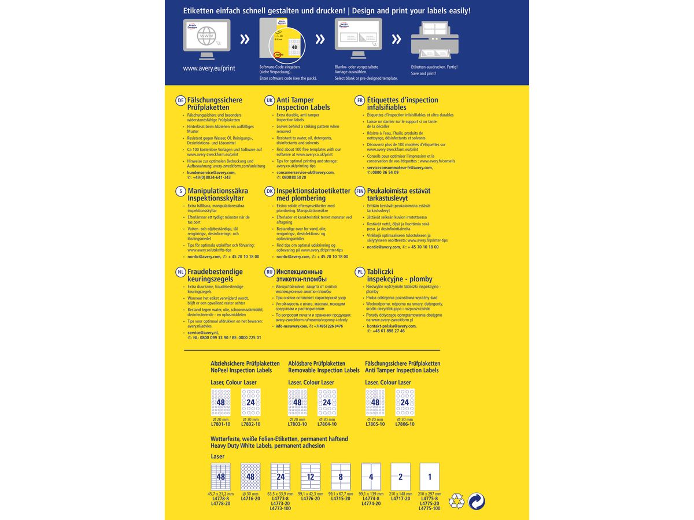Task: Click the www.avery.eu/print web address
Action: [209, 68]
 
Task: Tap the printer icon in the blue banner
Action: [434, 39]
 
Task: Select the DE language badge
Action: [180, 101]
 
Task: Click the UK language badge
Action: [269, 101]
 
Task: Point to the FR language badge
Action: [360, 101]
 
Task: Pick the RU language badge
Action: [269, 272]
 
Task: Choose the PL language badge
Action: [360, 272]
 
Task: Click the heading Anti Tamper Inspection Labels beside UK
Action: [303, 104]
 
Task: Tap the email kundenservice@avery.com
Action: [211, 172]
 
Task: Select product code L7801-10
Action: [220, 424]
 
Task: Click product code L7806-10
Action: [405, 424]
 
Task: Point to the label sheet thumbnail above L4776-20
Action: [310, 477]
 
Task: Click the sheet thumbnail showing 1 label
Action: [429, 477]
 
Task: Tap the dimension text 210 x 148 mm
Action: [401, 494]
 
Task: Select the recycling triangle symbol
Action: [457, 501]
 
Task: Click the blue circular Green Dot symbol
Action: [477, 501]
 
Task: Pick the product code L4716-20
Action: [250, 499]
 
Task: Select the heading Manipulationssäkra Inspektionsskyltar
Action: [217, 195]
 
